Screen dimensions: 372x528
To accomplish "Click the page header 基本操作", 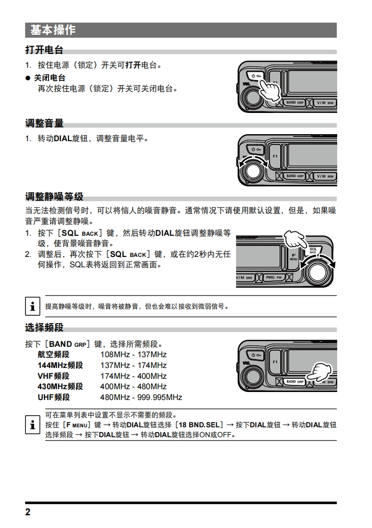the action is (53, 30).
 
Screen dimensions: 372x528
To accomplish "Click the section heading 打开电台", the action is (44, 50).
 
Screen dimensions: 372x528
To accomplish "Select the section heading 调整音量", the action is (44, 123).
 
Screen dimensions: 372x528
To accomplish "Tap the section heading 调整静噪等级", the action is (54, 196).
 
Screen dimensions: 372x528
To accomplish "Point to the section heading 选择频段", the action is (44, 328).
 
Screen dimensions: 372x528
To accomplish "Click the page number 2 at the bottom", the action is (28, 512).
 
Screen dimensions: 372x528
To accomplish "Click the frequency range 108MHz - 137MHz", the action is (133, 354).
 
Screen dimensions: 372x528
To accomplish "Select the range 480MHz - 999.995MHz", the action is (141, 397).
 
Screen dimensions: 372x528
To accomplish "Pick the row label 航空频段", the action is (54, 354).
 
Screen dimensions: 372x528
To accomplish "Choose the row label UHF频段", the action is (54, 397).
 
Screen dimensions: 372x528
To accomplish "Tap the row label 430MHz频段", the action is (60, 386).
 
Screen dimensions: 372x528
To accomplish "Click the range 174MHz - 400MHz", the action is (133, 376).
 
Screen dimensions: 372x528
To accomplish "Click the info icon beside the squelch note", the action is (32, 306).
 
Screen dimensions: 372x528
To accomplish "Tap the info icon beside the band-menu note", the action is (32, 424).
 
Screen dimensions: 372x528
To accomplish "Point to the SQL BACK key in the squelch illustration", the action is (313, 250).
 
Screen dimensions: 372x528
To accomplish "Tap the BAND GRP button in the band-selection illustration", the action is (295, 382).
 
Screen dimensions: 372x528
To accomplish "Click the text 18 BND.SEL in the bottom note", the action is (199, 425).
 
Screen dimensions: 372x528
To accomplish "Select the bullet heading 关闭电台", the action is (50, 78).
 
